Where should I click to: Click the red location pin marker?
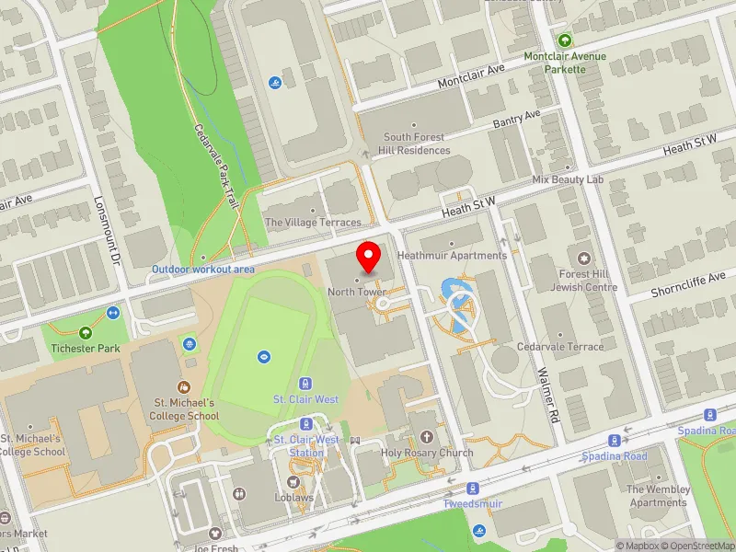(369, 257)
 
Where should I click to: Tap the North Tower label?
(357, 292)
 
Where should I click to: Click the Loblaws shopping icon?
(294, 481)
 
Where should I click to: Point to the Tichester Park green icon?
(86, 332)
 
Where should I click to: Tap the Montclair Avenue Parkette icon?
(565, 40)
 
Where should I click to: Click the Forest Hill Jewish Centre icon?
(583, 254)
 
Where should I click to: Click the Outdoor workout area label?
(202, 270)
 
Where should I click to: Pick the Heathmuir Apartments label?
(452, 255)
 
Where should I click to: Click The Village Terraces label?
(313, 223)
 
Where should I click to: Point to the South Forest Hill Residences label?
(417, 144)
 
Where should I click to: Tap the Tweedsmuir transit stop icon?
(473, 488)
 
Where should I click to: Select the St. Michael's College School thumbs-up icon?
(184, 387)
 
